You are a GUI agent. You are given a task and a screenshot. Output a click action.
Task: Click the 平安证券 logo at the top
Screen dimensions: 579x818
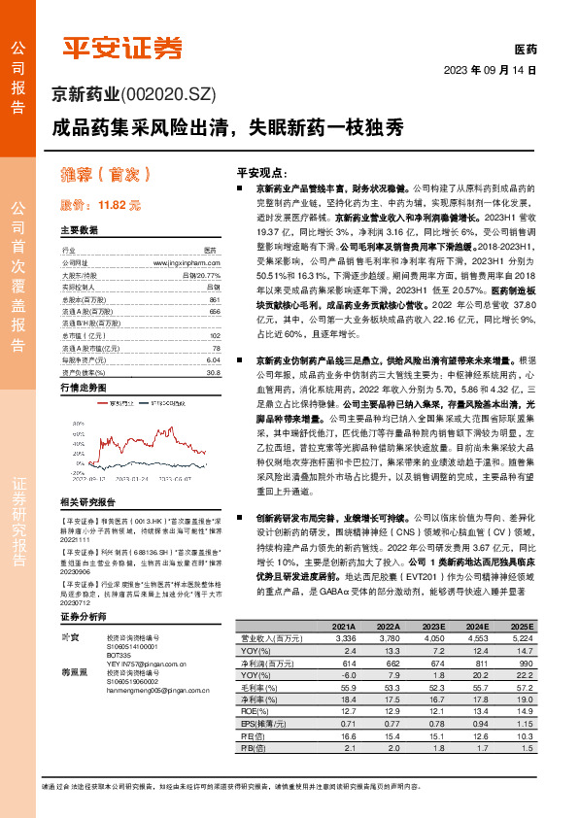(121, 46)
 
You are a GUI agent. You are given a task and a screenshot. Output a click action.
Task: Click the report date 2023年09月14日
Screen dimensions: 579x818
(491, 70)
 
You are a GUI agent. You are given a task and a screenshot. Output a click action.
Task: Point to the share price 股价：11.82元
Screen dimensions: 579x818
(101, 205)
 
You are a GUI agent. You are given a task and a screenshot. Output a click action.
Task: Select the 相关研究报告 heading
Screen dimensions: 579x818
(87, 501)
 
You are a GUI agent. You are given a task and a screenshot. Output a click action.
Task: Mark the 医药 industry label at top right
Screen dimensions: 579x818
(525, 50)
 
